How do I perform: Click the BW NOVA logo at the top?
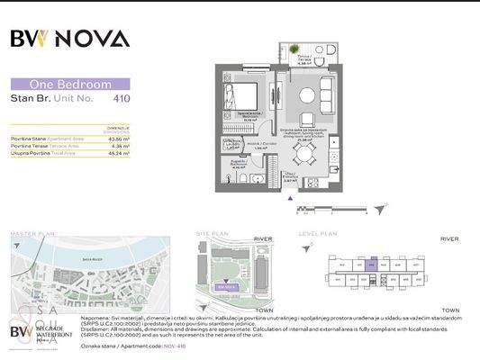(x=70, y=38)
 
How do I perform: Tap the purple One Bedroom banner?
(x=70, y=84)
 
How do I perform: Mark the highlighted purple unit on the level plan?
(x=372, y=265)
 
